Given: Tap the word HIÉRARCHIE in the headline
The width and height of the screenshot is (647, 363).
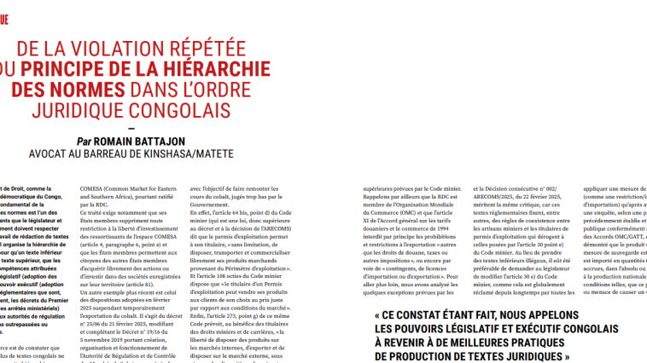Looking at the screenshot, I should (x=252, y=70).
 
